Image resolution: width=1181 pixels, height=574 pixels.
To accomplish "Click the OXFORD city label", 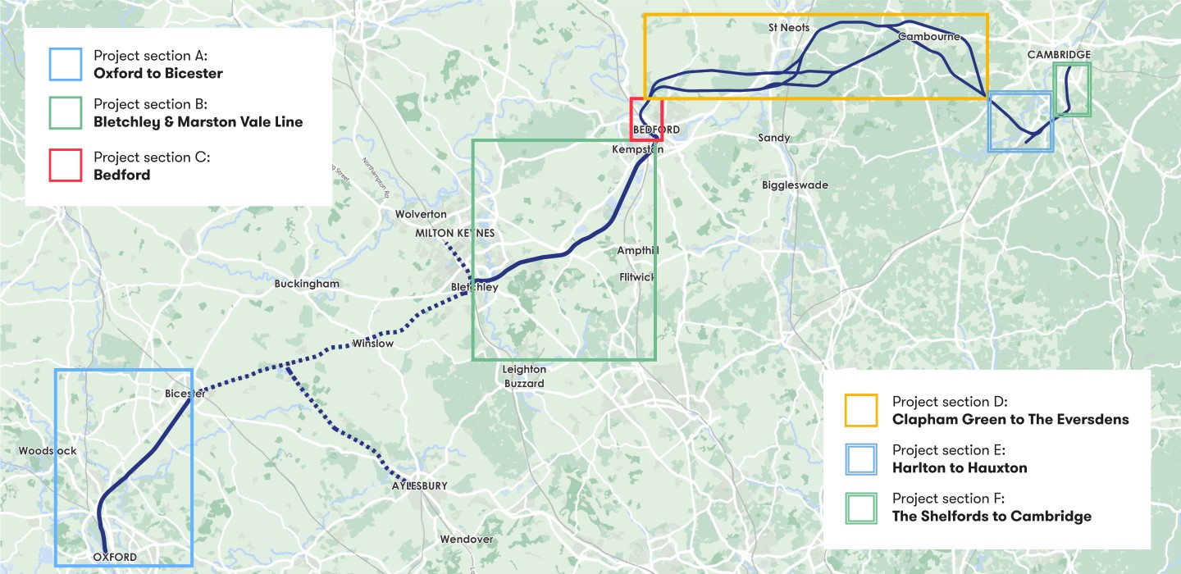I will (x=115, y=558).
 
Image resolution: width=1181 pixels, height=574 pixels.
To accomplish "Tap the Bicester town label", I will (x=185, y=394).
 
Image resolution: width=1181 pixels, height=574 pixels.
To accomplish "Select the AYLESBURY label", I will (x=419, y=486).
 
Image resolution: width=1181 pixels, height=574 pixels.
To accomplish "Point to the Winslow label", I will (x=372, y=344).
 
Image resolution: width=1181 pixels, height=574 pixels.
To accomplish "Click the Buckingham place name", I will (x=307, y=284).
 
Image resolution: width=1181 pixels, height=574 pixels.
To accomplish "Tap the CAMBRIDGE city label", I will (x=1059, y=55).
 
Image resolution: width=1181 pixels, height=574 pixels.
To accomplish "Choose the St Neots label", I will (x=789, y=28).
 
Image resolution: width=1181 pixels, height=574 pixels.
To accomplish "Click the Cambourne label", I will (x=928, y=37).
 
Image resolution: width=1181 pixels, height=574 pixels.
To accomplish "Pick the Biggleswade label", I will (x=795, y=185).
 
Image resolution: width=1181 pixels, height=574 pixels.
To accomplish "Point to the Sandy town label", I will (x=773, y=138).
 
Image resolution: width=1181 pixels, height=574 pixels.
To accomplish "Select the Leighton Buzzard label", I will (x=524, y=376).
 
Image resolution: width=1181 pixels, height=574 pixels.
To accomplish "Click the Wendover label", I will (x=467, y=540).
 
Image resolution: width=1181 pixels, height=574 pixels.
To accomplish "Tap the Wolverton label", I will (x=421, y=214).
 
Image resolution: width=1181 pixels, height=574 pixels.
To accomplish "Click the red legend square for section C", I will (x=65, y=165).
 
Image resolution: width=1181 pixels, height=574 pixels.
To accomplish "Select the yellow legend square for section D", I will (x=860, y=410).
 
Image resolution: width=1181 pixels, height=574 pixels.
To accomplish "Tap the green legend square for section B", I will (x=65, y=113).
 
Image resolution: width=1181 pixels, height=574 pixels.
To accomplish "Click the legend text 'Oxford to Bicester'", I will (x=158, y=74).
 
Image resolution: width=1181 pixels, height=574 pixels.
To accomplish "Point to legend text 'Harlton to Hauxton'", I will (x=960, y=467).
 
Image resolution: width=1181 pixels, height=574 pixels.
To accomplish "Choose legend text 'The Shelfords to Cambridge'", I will (x=992, y=516).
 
